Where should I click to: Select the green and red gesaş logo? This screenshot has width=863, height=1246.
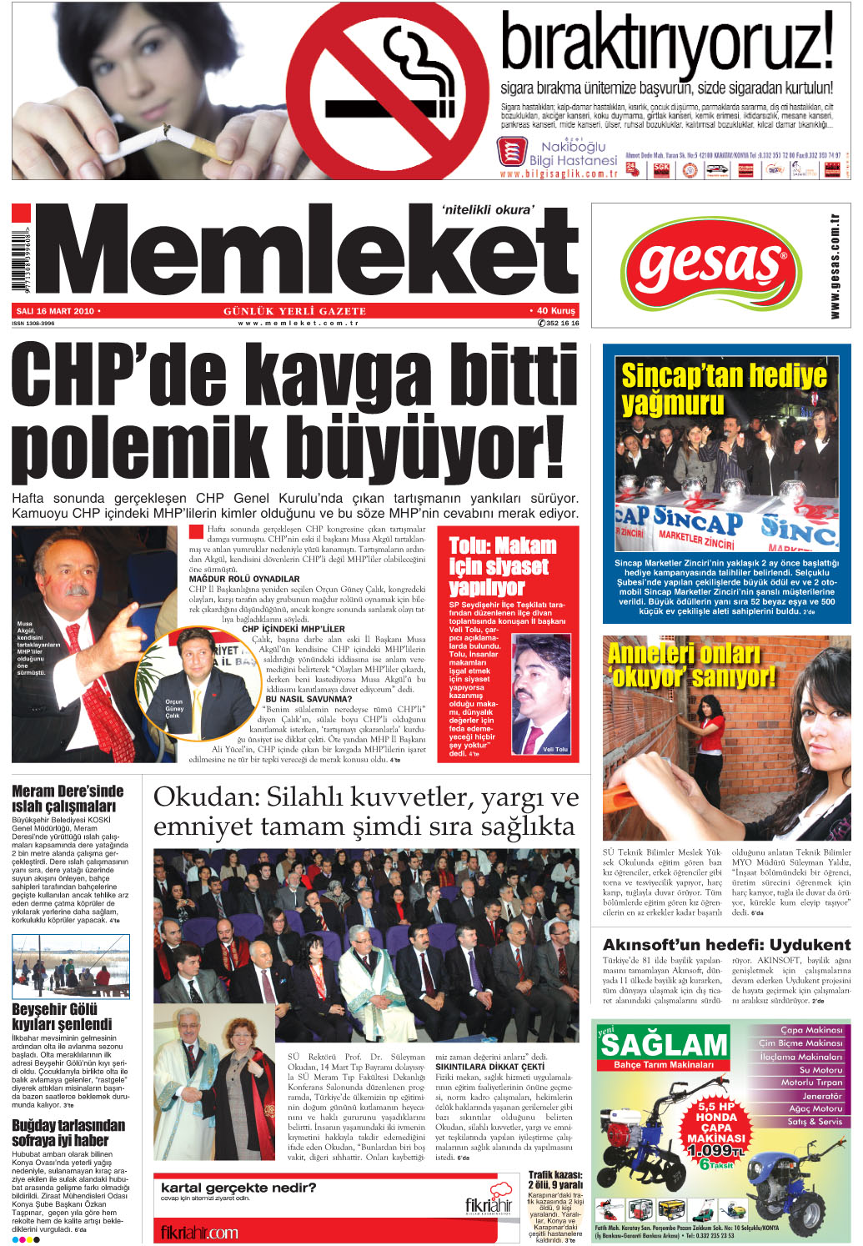coord(710,266)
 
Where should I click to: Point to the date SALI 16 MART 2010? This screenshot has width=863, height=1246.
coord(55,311)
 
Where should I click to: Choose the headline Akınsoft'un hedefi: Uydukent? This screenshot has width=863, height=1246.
coord(726,944)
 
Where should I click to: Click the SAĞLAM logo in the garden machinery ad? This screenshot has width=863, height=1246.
coord(664,1044)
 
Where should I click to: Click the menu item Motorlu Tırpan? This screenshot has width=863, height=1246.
coord(811,1083)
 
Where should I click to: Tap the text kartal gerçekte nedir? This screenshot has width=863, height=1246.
coord(238,1188)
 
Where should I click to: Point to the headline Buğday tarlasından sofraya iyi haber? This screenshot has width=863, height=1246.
coord(68,1133)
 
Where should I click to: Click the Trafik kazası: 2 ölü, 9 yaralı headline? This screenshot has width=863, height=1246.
coord(555,1179)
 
